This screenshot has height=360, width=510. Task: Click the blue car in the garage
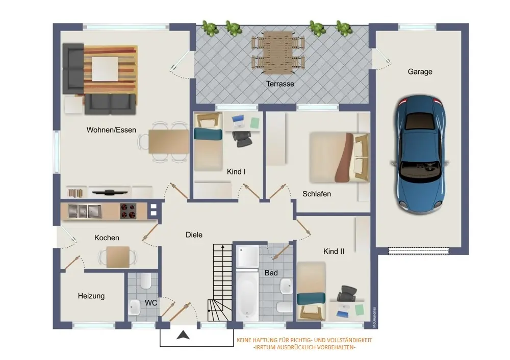(x=420, y=154)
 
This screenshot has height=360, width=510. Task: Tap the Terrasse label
(x=280, y=84)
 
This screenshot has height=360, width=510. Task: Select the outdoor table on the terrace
(x=278, y=53)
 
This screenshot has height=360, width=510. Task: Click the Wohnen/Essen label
(x=111, y=130)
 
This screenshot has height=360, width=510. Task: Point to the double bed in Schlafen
(x=339, y=158)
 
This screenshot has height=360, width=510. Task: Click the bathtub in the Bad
(x=247, y=295)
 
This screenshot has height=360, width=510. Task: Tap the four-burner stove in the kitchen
(x=129, y=211)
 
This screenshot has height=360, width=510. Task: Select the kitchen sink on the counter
(x=85, y=212)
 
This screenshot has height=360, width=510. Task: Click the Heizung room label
(x=91, y=296)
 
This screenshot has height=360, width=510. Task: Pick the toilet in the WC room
(x=145, y=280)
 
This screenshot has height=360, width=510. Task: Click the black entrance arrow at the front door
(x=183, y=335)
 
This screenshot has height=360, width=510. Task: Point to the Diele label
(x=194, y=235)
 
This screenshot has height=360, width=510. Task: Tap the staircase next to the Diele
(x=220, y=282)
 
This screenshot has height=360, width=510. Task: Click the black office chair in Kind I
(x=242, y=139)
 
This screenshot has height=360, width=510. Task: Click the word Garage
(x=420, y=72)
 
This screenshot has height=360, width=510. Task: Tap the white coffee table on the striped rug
(x=105, y=69)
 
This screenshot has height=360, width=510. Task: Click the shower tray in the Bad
(x=247, y=256)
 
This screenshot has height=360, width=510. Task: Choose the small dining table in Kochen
(x=118, y=257)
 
